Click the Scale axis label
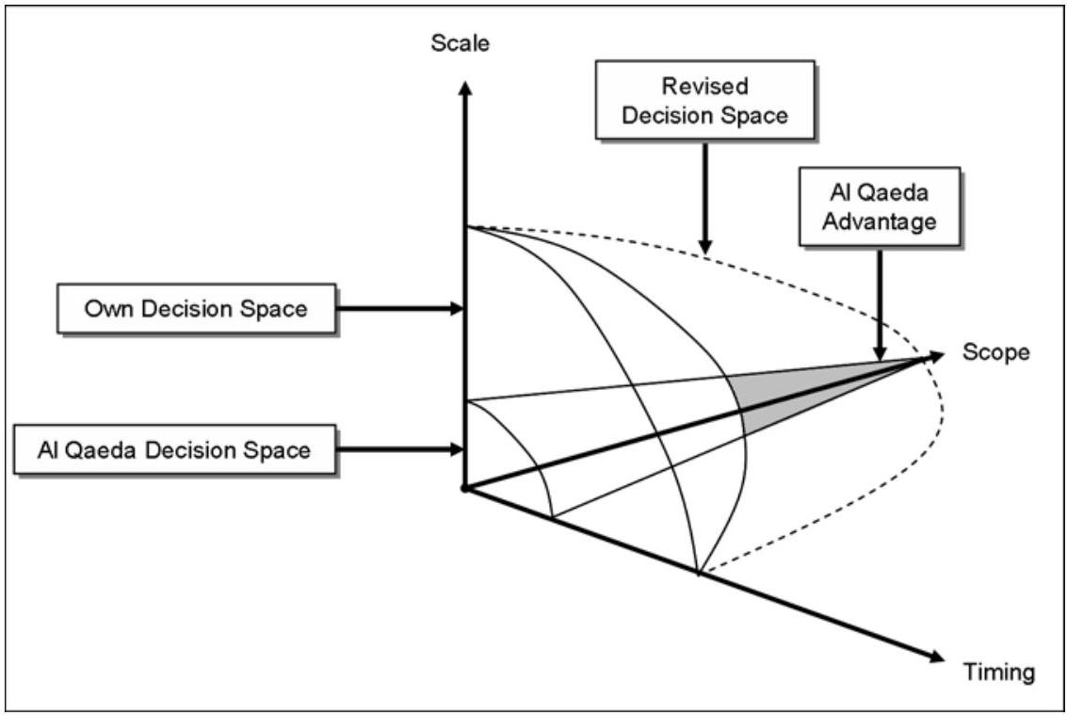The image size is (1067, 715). (461, 43)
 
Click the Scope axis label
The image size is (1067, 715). (995, 352)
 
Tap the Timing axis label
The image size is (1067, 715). (998, 672)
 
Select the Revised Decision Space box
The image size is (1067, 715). (705, 101)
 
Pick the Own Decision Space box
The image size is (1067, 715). (196, 308)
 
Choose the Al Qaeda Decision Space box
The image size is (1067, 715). (174, 449)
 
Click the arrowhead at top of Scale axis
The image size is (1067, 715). (463, 86)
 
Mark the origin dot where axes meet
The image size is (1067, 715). (463, 488)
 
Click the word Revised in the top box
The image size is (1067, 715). (705, 87)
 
